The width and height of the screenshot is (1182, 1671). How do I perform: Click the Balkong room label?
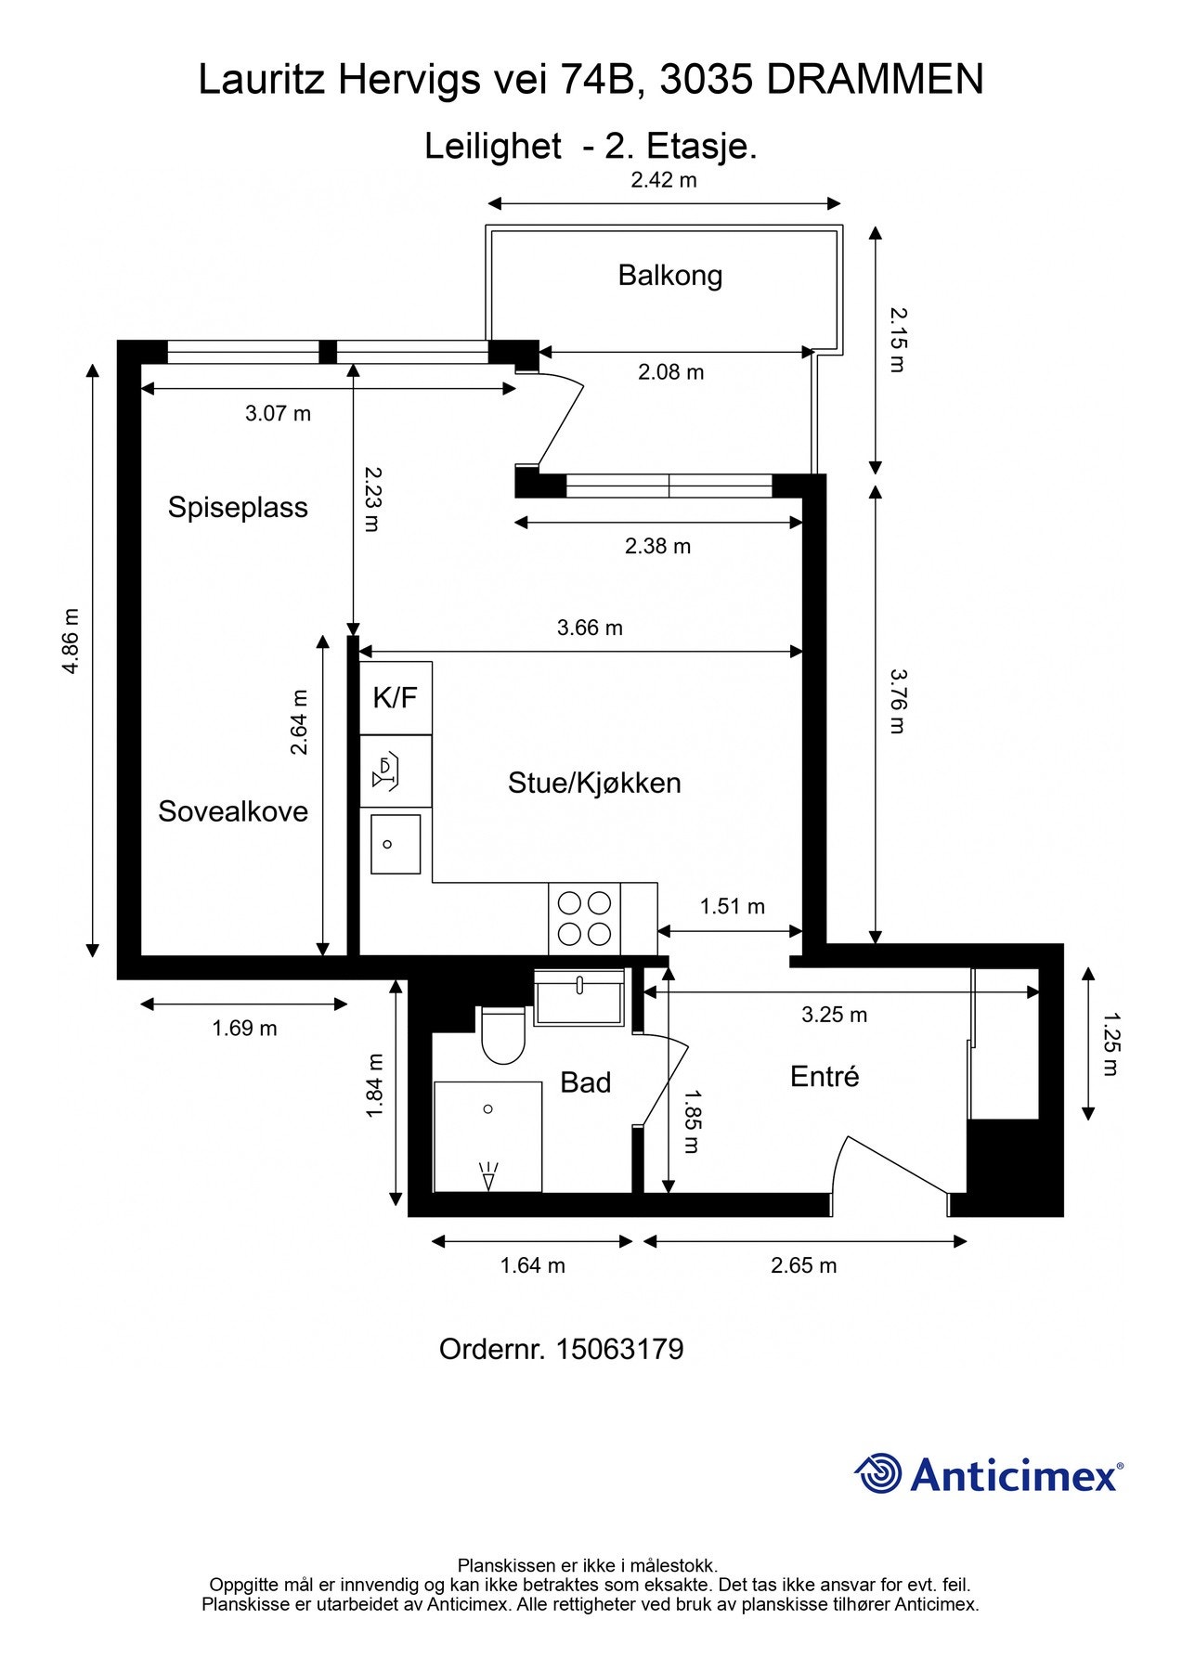[x=669, y=275]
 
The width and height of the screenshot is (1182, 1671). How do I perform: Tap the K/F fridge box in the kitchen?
[x=396, y=697]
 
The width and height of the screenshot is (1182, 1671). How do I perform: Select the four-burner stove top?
[x=584, y=918]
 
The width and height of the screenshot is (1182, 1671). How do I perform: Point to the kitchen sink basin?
[x=396, y=844]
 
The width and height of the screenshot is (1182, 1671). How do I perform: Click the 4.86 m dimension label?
[x=71, y=641]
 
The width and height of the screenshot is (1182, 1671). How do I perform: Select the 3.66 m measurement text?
[x=590, y=628]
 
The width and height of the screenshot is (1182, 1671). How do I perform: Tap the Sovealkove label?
[x=232, y=811]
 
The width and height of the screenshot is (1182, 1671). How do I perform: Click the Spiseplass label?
[x=238, y=507]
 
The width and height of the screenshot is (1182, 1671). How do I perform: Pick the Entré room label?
[x=824, y=1077]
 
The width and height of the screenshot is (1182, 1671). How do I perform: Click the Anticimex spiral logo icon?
[x=877, y=1473]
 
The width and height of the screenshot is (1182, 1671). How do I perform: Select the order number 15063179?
[x=619, y=1349]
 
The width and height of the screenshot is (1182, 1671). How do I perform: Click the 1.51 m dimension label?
[x=732, y=906]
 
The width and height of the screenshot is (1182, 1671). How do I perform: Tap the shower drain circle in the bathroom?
[x=488, y=1108]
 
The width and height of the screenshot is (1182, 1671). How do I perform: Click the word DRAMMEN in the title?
[x=875, y=80]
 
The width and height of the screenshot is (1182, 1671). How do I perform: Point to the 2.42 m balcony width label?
[x=663, y=180]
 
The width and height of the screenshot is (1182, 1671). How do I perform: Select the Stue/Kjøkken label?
[x=594, y=783]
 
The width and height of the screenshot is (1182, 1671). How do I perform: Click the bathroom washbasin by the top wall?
[x=579, y=998]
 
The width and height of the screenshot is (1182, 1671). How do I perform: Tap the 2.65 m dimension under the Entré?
[x=803, y=1265]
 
